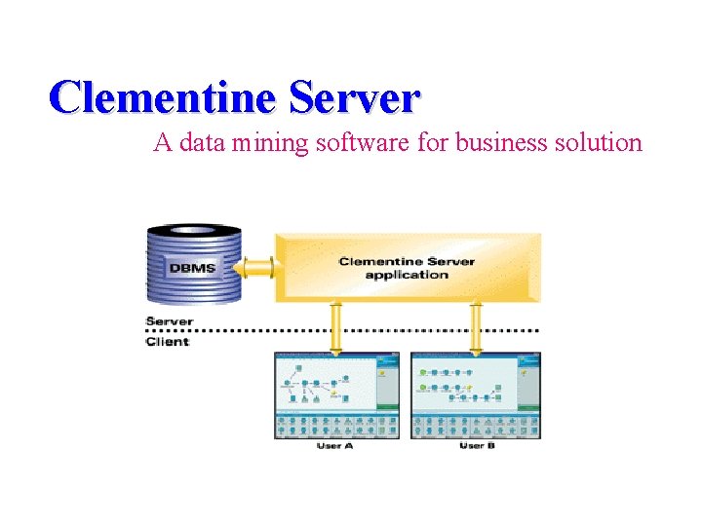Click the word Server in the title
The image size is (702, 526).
[354, 97]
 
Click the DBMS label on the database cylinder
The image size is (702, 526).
[192, 267]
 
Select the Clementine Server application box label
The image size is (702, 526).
[407, 268]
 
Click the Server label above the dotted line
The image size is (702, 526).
[170, 321]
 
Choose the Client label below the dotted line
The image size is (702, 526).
[168, 341]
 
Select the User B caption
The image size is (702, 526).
[477, 446]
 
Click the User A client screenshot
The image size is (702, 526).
[336, 395]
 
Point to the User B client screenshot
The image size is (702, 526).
[476, 395]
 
